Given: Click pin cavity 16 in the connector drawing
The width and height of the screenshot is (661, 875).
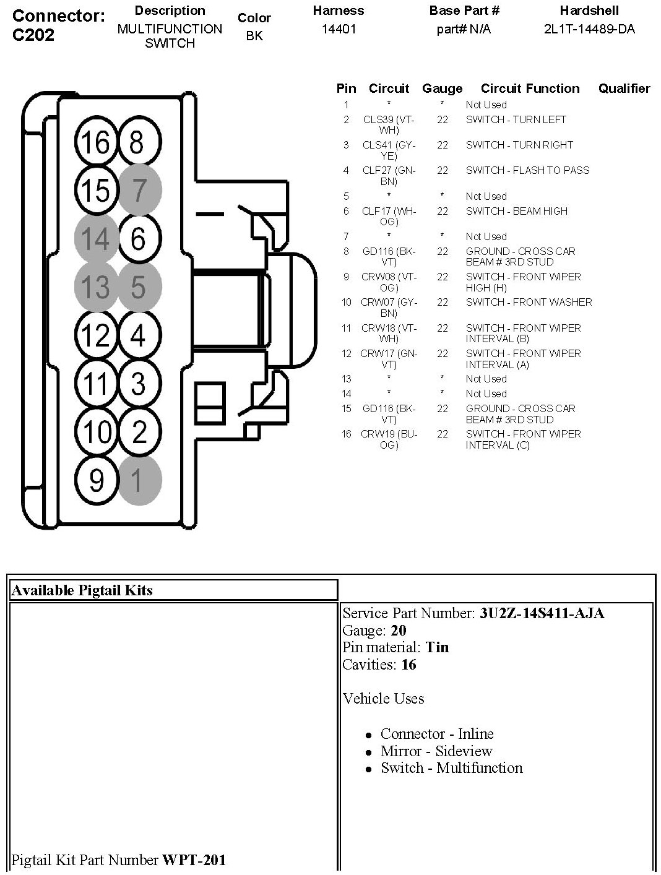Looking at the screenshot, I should tap(95, 143).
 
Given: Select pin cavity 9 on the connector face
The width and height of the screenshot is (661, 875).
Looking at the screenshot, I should tap(95, 480).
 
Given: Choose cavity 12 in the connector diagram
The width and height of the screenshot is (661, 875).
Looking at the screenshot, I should tap(95, 335).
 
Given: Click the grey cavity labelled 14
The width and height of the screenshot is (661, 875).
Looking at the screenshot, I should tap(95, 238).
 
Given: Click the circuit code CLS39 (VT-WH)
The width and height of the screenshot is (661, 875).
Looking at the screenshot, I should tap(389, 125).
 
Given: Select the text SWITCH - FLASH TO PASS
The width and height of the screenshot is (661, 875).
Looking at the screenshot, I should tap(527, 170).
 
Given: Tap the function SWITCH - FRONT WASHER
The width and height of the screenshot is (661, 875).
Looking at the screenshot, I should tap(529, 302).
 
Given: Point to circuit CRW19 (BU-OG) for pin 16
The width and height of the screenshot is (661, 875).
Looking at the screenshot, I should tap(389, 439).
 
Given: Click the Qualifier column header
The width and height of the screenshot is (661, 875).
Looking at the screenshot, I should tap(624, 88).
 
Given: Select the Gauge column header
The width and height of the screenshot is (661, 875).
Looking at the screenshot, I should tap(442, 88).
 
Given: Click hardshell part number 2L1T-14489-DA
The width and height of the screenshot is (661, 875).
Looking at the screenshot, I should tap(589, 29).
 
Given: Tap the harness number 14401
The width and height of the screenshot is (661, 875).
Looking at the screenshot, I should tap(339, 29).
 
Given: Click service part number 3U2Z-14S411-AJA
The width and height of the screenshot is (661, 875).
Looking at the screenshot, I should tap(542, 613).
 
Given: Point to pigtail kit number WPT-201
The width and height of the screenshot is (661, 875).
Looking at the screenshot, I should tap(194, 860).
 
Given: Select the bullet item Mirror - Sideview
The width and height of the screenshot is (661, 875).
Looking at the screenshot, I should tap(436, 751).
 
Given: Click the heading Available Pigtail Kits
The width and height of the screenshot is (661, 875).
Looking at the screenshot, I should tap(82, 590).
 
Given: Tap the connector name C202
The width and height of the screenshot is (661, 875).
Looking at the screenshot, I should tap(33, 35).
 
